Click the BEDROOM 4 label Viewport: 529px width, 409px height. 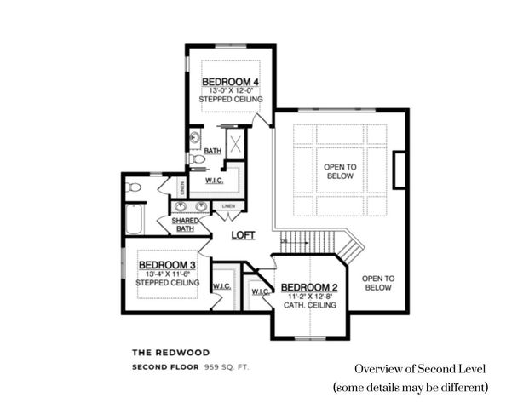click(x=230, y=82)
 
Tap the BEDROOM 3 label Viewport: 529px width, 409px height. click(x=167, y=265)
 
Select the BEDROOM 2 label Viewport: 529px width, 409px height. click(x=309, y=286)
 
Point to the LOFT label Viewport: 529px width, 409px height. click(x=244, y=235)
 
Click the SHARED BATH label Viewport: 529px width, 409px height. click(x=186, y=224)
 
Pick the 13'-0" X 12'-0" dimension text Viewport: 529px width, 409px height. click(x=230, y=90)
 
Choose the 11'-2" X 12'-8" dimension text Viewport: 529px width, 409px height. click(x=309, y=296)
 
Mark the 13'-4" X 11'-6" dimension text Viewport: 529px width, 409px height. click(x=168, y=274)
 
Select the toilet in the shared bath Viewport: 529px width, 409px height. click(x=133, y=187)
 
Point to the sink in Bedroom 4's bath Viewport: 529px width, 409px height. click(x=195, y=137)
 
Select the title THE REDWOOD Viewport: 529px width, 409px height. click(x=170, y=351)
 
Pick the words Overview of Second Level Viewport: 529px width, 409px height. click(x=420, y=369)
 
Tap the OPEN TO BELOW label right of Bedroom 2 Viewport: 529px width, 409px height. click(x=377, y=283)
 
